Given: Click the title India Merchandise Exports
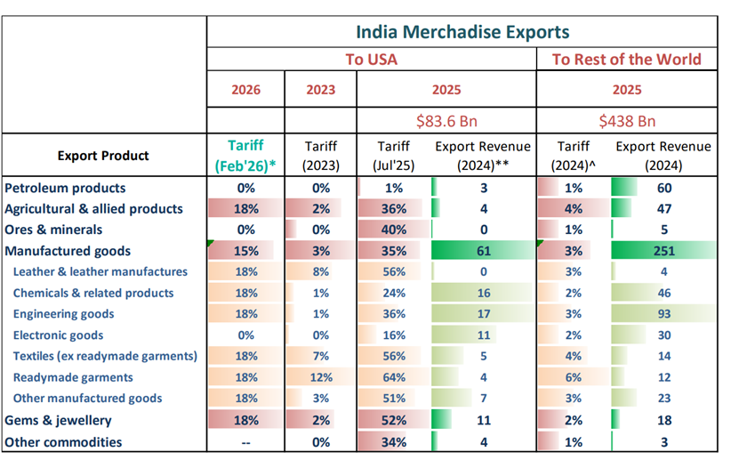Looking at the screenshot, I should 462,32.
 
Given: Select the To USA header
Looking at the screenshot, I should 371,61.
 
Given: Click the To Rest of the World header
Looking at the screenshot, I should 626,61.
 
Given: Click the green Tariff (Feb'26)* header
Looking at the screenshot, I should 245,156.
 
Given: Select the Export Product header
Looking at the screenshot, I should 103,156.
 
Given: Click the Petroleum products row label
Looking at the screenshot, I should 65,188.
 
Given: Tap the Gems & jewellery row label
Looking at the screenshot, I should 59,420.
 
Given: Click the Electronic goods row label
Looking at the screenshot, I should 58,335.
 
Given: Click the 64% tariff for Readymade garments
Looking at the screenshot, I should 394,377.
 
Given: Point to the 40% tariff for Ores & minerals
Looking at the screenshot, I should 394,230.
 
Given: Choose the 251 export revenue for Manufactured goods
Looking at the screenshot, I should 663,252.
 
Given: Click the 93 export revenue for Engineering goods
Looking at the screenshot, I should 663,314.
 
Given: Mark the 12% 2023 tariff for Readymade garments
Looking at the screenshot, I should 320,377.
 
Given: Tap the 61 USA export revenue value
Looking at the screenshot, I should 485,252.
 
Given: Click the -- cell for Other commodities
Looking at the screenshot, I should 246,442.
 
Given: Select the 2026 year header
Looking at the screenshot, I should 246,90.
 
